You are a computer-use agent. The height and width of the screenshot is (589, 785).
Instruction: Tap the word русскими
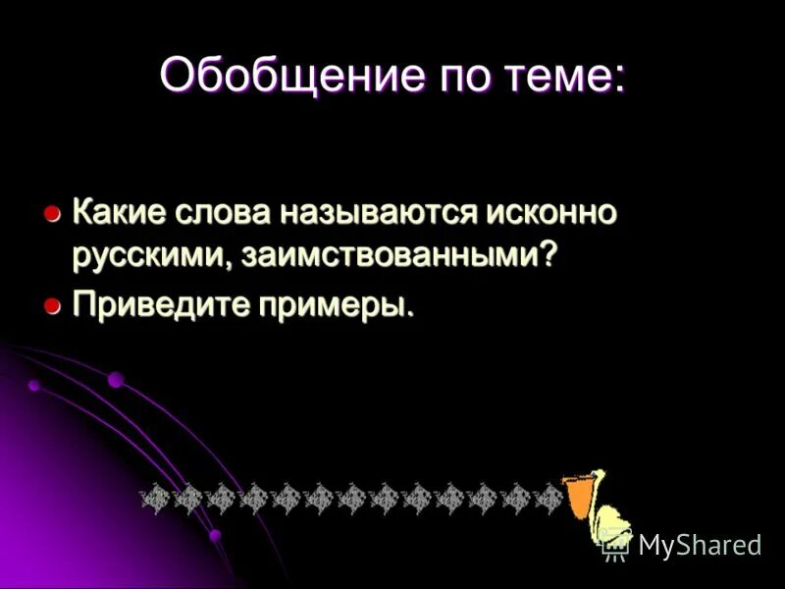[x=148, y=255]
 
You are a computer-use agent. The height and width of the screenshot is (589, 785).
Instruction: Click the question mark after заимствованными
[x=549, y=254]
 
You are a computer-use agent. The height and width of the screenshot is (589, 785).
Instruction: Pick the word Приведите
[x=157, y=305]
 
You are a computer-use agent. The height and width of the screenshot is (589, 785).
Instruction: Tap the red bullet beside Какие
[x=53, y=213]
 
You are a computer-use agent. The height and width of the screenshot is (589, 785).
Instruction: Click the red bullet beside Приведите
[x=53, y=306]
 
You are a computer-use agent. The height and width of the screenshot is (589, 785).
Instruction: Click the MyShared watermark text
[x=699, y=545]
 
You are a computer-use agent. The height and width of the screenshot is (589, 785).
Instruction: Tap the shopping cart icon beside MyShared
[x=615, y=545]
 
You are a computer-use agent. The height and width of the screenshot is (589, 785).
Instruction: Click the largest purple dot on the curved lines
[x=116, y=379]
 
